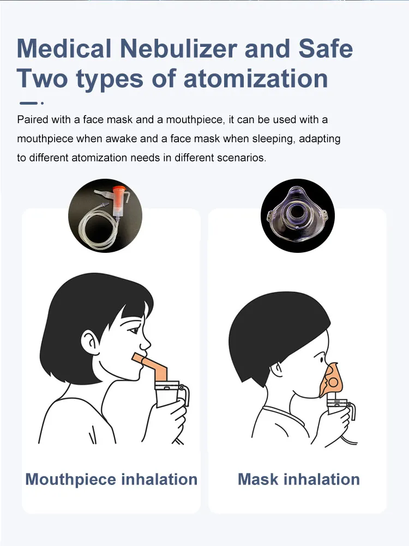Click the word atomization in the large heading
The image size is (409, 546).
[256, 77]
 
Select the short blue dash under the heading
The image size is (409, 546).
[28, 102]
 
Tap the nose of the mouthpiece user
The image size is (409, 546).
[146, 343]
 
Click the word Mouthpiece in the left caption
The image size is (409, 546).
[71, 480]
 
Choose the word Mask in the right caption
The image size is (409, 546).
[258, 480]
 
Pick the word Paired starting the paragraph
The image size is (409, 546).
[32, 119]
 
